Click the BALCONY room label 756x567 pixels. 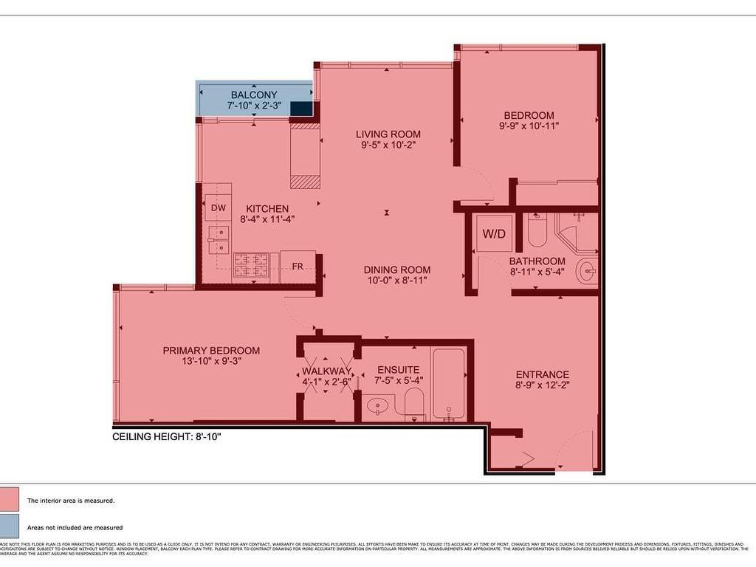(x=253, y=94)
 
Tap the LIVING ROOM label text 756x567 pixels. (x=388, y=134)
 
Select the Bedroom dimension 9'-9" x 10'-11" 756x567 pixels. (x=529, y=126)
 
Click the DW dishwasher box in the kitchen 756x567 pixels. (x=218, y=208)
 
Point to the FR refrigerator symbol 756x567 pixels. (x=298, y=266)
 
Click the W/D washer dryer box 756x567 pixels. (x=494, y=234)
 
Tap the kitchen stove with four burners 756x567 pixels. (x=250, y=266)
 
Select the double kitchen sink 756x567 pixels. (x=218, y=240)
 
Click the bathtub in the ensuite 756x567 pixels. (x=448, y=383)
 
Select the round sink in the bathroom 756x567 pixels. (x=588, y=272)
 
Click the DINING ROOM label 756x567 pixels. (x=396, y=269)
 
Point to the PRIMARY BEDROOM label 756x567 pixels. (x=211, y=350)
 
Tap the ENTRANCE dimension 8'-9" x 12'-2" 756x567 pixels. (x=543, y=385)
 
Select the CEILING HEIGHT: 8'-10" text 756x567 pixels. (x=167, y=436)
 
